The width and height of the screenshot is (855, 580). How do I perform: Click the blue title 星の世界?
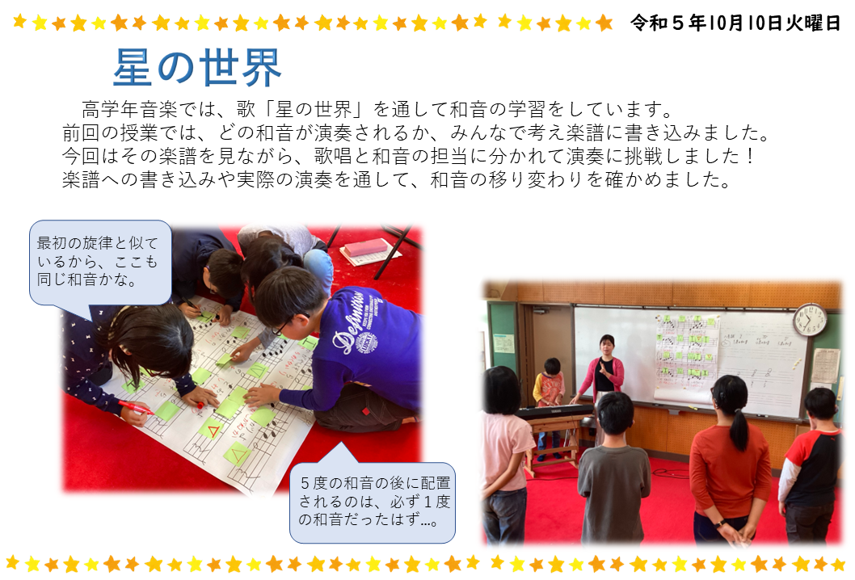[197, 68]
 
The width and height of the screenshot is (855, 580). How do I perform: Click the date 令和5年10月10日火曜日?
[735, 23]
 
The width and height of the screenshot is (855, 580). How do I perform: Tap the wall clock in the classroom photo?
[810, 319]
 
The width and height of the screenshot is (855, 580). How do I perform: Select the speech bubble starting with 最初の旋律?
[99, 263]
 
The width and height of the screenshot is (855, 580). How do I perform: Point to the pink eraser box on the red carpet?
[365, 248]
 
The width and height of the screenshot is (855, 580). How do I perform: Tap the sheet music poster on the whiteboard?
[687, 355]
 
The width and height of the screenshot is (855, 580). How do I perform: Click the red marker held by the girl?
[137, 406]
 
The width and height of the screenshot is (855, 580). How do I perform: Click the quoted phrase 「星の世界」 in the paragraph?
[314, 110]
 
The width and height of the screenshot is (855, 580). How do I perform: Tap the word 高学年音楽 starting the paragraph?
[130, 110]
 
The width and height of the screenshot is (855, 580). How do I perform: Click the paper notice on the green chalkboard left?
[504, 343]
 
